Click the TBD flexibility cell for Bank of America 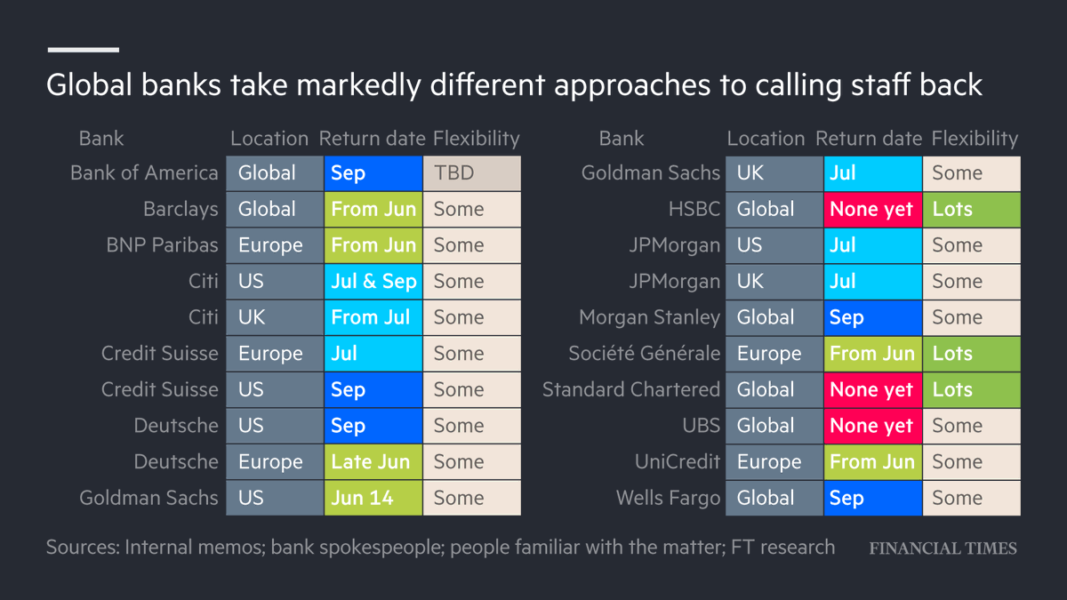471,173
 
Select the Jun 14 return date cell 373,498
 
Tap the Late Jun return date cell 373,462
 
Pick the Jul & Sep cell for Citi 373,282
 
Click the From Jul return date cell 373,317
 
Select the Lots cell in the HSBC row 971,210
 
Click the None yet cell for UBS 872,426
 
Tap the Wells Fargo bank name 668,498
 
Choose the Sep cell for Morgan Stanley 872,317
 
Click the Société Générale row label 645,354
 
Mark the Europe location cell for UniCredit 774,462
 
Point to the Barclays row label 181,210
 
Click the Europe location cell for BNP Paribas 275,245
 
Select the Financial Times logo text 943,548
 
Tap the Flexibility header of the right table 975,139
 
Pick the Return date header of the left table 372,139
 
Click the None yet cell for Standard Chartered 872,390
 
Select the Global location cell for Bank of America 275,173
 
